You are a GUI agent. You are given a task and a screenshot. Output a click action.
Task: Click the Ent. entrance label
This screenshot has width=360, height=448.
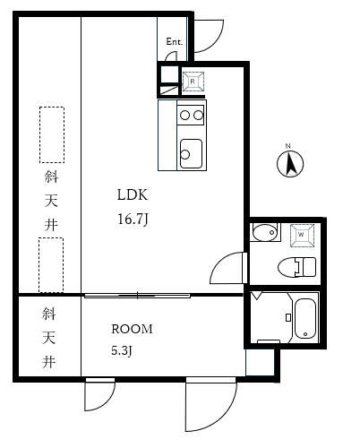coord(174,41)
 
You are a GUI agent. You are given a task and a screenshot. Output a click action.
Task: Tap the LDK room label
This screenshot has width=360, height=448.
coord(133,194)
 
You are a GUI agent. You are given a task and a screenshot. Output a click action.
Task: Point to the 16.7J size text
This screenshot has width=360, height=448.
coord(133,220)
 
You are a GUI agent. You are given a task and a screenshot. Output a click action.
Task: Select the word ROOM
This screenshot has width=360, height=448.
coord(132,329)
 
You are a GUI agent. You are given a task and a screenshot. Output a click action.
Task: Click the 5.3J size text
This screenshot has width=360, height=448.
coord(122,350)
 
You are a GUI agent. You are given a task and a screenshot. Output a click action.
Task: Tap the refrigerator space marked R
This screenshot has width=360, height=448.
coord(193,82)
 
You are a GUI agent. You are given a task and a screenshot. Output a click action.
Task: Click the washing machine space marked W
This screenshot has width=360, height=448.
coord(302,236)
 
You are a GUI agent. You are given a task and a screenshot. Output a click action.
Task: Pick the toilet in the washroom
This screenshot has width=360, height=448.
coord(296,267)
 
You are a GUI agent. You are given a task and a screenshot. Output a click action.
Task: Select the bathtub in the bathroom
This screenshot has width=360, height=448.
coord(305,319)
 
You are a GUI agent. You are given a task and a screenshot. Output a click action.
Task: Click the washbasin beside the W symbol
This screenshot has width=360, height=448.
coord(265,232)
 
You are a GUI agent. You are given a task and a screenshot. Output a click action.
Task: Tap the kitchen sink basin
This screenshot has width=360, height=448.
coord(191,153)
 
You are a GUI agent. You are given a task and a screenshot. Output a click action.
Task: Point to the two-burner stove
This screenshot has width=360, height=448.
coord(191,115)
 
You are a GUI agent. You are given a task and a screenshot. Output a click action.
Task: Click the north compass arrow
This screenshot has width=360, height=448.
coord(290,164)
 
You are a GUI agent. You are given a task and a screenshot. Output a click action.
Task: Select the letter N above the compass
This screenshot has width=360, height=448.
coord(287,146)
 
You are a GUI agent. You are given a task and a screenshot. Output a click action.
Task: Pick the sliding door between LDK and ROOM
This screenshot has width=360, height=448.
coord(137,296)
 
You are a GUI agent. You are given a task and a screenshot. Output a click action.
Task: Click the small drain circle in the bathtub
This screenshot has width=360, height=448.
coord(305,334)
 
